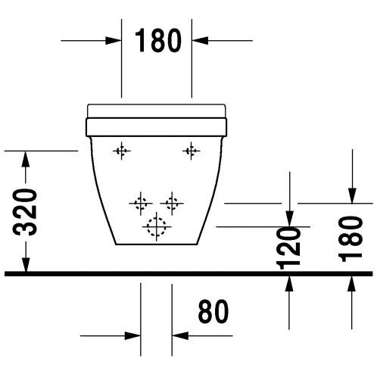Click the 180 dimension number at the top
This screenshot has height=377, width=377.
158,40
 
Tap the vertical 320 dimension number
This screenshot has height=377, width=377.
25,212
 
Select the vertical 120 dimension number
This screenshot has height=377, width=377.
288,248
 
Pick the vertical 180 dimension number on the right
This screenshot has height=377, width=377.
351,238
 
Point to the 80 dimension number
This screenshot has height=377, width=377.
213,311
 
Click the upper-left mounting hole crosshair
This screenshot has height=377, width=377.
122,151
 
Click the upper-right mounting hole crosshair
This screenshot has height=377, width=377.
192,151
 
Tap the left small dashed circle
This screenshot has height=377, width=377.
141,203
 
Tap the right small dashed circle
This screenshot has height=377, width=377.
172,203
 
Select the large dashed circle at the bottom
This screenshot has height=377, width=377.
157,226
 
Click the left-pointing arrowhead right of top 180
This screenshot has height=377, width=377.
200,40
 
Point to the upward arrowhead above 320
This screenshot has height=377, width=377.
26,159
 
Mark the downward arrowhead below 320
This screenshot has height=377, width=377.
26,264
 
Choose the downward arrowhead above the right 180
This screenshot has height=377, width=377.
352,195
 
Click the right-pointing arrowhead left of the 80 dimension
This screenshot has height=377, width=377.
132,336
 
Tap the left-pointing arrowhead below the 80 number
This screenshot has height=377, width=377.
180,336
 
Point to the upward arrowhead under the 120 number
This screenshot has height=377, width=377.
289,284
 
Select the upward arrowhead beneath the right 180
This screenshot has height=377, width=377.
351,284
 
